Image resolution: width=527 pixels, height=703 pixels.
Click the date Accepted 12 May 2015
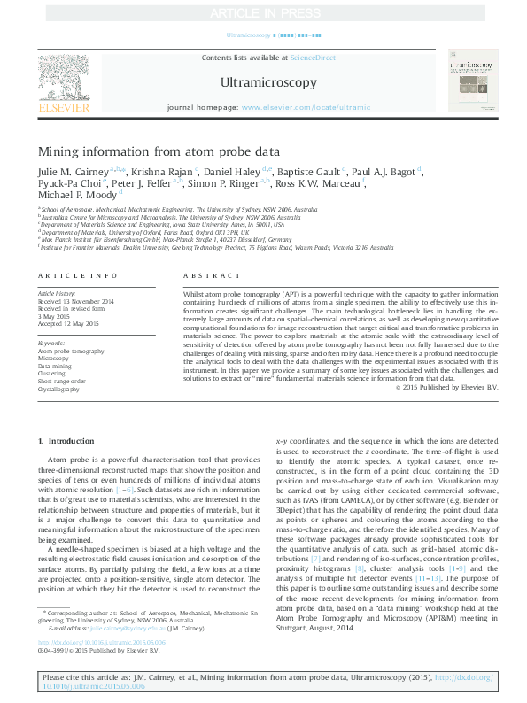(67, 321)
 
